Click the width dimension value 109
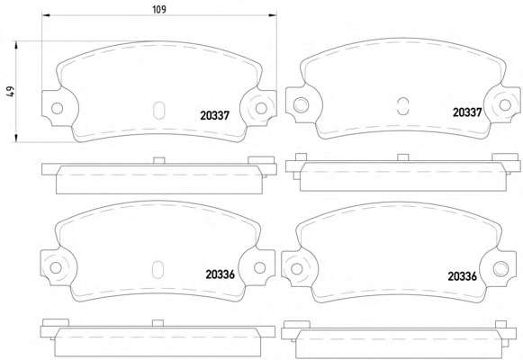159,9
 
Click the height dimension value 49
11,92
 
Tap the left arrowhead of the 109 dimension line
46,15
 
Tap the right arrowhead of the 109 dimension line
273,15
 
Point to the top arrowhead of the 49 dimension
15,45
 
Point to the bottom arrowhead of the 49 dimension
15,138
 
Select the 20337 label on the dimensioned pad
215,116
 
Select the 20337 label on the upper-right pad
467,112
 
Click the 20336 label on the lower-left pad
221,274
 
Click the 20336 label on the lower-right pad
463,276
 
